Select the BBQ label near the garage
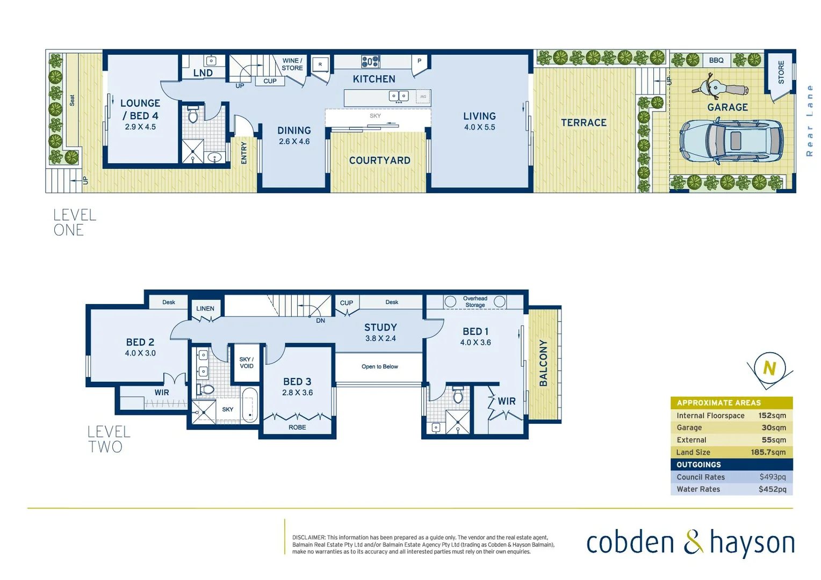click(x=716, y=60)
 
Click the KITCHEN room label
click(x=374, y=79)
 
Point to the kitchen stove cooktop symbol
click(x=370, y=61)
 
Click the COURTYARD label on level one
click(x=379, y=161)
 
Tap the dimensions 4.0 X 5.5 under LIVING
click(x=479, y=127)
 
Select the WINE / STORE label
click(x=292, y=64)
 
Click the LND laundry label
click(x=203, y=73)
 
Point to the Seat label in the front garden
click(x=72, y=100)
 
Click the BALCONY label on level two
click(x=543, y=363)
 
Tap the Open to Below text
click(x=379, y=367)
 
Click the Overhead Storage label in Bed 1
click(x=475, y=302)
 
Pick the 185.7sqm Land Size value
click(x=768, y=452)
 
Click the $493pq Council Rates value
click(x=772, y=477)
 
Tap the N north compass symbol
click(x=769, y=368)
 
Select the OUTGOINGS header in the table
click(x=698, y=465)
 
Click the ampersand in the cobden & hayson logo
click(x=693, y=542)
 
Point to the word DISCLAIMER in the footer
click(x=308, y=538)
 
